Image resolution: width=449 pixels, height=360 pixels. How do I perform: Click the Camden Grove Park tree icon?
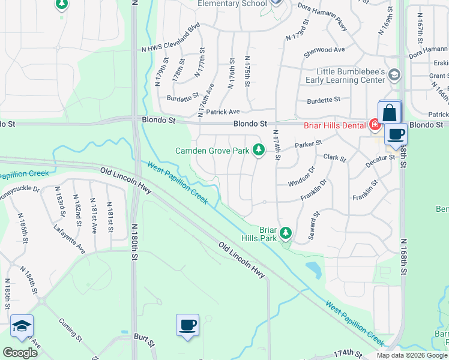(x=259, y=149)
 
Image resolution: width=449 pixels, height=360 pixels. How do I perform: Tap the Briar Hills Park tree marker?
(x=286, y=233)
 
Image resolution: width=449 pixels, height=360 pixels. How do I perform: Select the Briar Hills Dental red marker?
(x=375, y=125)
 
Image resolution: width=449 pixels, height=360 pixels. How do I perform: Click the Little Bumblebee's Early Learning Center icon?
(x=394, y=75)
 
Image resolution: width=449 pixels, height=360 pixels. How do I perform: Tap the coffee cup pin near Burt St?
(x=187, y=325)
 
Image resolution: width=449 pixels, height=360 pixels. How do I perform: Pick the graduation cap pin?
(x=22, y=326)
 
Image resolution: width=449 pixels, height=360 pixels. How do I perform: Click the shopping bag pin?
(x=389, y=112)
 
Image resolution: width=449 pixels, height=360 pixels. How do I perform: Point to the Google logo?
(x=20, y=353)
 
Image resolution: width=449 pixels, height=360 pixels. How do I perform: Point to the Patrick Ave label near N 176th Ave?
(x=223, y=112)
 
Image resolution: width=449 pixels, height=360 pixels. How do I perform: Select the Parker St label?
(x=309, y=144)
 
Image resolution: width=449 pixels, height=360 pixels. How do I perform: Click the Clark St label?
(x=335, y=158)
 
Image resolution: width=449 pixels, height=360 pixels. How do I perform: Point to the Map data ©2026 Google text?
(x=412, y=355)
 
